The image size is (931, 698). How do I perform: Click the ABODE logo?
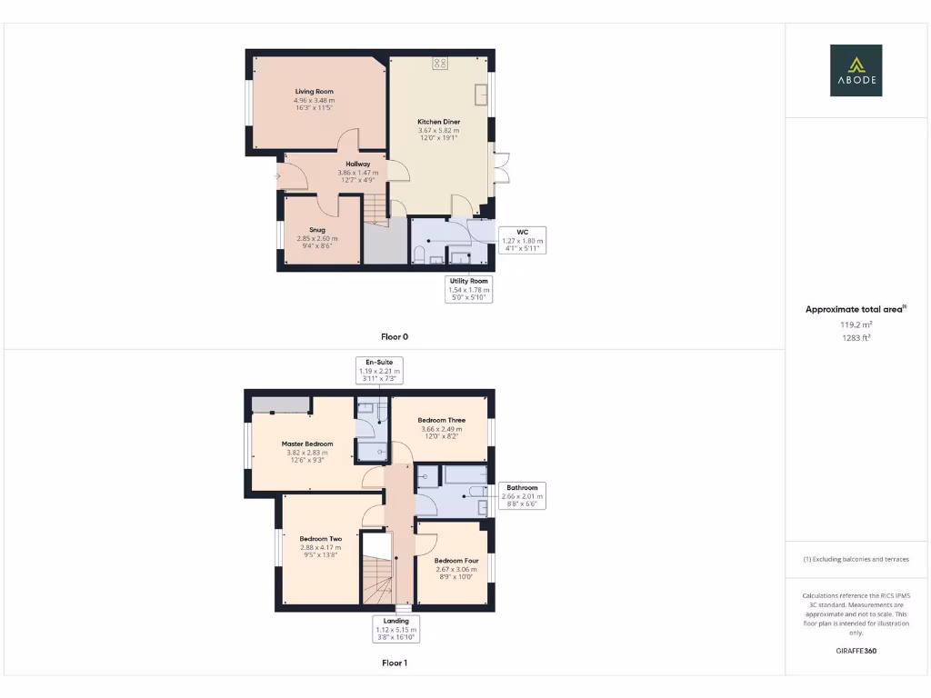(x=855, y=70)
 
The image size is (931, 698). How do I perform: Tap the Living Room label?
(x=314, y=92)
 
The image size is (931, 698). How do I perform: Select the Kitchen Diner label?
(x=438, y=122)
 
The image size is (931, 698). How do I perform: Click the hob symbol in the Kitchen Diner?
(x=440, y=63)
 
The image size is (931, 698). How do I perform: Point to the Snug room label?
(x=316, y=230)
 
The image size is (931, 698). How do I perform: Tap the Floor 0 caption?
(x=395, y=336)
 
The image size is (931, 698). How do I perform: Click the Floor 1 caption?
(x=395, y=663)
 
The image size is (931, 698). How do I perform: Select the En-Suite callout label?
(x=378, y=362)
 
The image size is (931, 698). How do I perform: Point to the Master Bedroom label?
(x=305, y=444)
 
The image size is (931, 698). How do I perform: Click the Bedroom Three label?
(x=441, y=420)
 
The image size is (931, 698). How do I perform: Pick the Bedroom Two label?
(x=321, y=539)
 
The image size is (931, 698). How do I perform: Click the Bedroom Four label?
(x=455, y=561)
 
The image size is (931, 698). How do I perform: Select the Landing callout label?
(x=395, y=621)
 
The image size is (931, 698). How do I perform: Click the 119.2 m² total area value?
(x=855, y=324)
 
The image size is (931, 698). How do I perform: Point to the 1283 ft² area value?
(x=855, y=337)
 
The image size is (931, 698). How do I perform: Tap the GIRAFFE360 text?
(x=855, y=651)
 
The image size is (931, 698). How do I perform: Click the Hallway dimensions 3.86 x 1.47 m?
(x=357, y=172)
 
